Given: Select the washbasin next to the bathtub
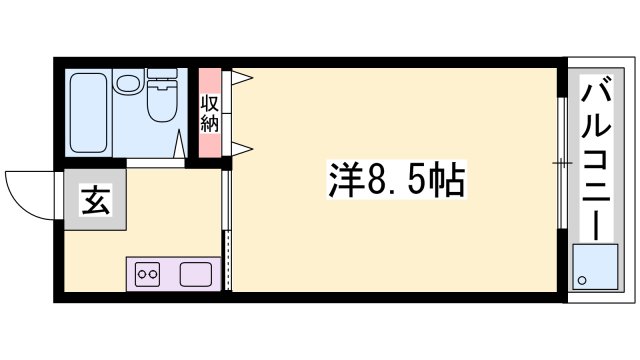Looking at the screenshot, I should pos(127,84).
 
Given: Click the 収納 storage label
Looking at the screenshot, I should pos(210,113).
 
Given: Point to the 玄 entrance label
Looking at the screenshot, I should pos(95,201).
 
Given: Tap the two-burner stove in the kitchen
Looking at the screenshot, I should pos(148,273).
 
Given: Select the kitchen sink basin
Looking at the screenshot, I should pos(194,273).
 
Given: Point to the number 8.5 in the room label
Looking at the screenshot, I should pos(394,181).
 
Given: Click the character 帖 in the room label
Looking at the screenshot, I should pos(445,180).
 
